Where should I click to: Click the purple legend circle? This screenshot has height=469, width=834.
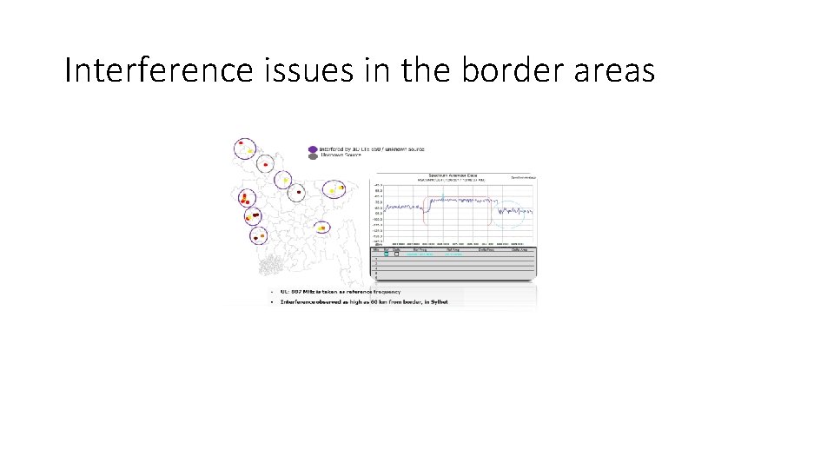click(312, 149)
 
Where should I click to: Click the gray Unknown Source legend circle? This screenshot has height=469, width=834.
click(312, 156)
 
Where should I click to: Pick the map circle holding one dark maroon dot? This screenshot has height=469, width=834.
click(298, 192)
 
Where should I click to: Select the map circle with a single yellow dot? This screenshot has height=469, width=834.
click(282, 180)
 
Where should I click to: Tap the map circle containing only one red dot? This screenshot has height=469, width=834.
click(265, 164)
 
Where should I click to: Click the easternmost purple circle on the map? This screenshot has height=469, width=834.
click(334, 189)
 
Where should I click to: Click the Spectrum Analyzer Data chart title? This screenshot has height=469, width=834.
click(453, 175)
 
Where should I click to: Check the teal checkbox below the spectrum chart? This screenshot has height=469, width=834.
click(387, 254)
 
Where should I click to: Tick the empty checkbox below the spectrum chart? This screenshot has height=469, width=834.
click(396, 254)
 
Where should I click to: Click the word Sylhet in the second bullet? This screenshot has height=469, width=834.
click(452, 301)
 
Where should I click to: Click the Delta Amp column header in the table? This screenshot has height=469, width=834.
click(520, 249)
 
